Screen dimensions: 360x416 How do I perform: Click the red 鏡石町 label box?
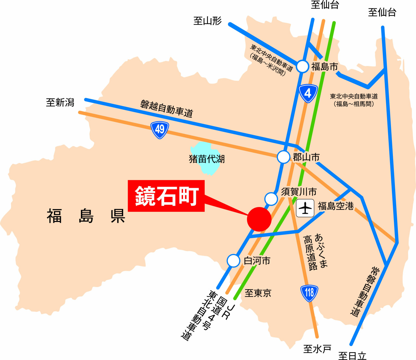click(x=166, y=196)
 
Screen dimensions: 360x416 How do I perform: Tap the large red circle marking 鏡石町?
click(x=259, y=219)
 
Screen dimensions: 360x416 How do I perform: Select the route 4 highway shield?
click(x=308, y=94)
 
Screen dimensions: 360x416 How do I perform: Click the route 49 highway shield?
click(x=160, y=130)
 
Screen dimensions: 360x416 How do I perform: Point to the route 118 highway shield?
click(x=309, y=293)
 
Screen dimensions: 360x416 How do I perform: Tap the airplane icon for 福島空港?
click(x=305, y=208)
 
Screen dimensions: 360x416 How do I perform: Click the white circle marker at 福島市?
click(x=303, y=67)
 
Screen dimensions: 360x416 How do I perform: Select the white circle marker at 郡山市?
click(x=283, y=157)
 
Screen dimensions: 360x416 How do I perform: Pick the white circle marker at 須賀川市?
click(x=271, y=199)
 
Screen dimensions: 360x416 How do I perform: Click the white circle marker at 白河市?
click(x=233, y=261)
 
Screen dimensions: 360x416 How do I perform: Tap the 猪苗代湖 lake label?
click(x=207, y=159)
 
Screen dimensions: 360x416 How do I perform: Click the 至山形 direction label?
click(x=207, y=21)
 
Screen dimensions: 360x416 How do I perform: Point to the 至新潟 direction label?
click(x=60, y=103)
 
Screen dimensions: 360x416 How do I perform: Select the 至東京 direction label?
click(x=258, y=293)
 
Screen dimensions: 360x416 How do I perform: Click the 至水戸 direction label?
click(x=317, y=349)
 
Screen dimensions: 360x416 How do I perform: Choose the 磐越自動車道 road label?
click(x=167, y=109)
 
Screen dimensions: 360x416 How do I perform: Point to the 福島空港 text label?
click(x=335, y=206)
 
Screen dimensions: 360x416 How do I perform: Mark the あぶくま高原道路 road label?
click(x=315, y=252)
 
